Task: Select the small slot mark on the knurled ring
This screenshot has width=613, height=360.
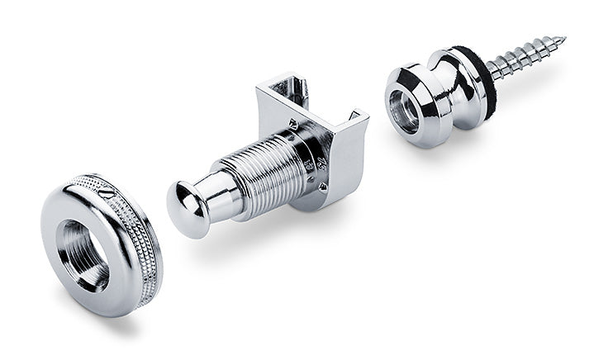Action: click(x=113, y=192)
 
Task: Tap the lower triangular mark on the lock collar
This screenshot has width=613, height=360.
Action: click(x=323, y=187)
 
